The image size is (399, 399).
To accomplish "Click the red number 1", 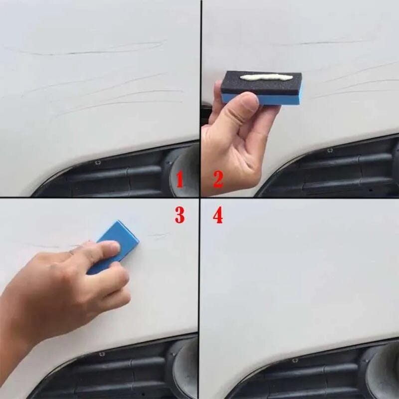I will tap(180, 179).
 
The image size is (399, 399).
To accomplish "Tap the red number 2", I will tap(218, 179).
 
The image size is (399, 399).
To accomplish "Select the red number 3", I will tap(180, 215).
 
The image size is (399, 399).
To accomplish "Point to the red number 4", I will tap(218, 216).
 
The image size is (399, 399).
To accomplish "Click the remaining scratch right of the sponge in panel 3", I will tap(159, 235).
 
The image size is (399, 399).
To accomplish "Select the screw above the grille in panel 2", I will tap(330, 150).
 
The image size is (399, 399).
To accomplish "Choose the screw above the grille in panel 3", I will tap(102, 354).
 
